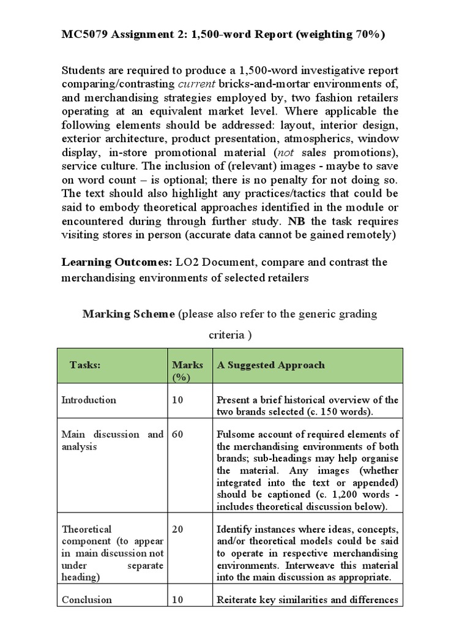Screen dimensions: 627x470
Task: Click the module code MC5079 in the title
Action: point(84,35)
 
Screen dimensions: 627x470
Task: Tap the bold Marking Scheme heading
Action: point(129,313)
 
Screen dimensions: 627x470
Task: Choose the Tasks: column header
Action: point(85,365)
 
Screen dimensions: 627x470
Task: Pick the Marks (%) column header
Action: point(188,370)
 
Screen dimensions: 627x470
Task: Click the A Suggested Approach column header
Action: point(271,365)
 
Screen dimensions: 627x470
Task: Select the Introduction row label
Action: point(89,400)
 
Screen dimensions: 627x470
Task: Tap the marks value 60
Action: point(177,434)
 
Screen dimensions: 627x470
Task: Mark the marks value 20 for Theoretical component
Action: point(177,530)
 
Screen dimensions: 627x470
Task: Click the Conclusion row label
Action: point(87,600)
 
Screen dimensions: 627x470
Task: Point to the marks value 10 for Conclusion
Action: point(177,600)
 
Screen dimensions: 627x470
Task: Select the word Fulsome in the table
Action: point(236,434)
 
